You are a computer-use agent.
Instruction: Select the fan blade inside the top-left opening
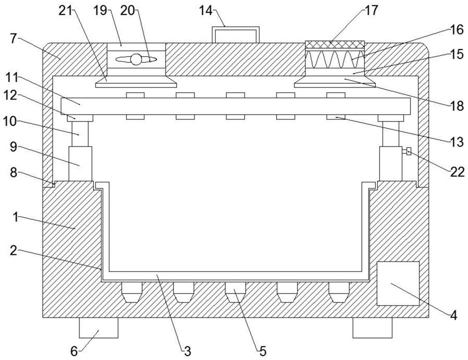pyautogui.click(x=136, y=59)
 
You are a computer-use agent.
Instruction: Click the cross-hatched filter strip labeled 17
pyautogui.click(x=334, y=45)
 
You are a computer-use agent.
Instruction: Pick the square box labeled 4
pyautogui.click(x=398, y=283)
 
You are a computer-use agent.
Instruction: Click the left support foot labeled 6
pyautogui.click(x=98, y=328)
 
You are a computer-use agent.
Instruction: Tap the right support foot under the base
pyautogui.click(x=372, y=328)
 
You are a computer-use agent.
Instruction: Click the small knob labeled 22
pyautogui.click(x=408, y=151)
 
